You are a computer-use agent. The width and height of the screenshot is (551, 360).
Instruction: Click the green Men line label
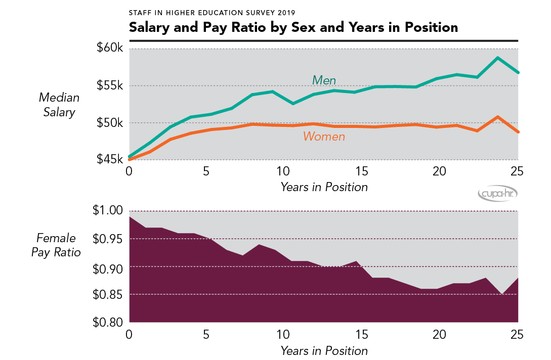[324, 80]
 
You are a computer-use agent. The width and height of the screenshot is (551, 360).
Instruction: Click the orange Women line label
[324, 137]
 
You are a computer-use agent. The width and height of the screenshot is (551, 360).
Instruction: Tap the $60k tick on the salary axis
[110, 49]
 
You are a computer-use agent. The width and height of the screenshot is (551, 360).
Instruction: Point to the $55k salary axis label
[110, 85]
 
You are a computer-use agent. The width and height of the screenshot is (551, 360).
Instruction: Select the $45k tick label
[110, 160]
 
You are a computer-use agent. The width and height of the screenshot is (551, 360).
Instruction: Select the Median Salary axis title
[59, 105]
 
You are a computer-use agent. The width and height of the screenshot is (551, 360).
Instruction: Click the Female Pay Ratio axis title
[56, 245]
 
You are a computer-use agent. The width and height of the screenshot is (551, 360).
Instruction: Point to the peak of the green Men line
[498, 58]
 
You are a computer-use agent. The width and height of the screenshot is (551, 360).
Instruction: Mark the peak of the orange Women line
[498, 117]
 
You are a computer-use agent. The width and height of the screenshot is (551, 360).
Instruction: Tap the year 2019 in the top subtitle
[284, 12]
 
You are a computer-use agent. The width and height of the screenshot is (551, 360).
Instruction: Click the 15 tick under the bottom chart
[361, 335]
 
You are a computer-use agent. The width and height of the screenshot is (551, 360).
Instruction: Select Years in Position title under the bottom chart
[324, 350]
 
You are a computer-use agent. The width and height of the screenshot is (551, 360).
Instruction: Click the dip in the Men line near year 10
[292, 103]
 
